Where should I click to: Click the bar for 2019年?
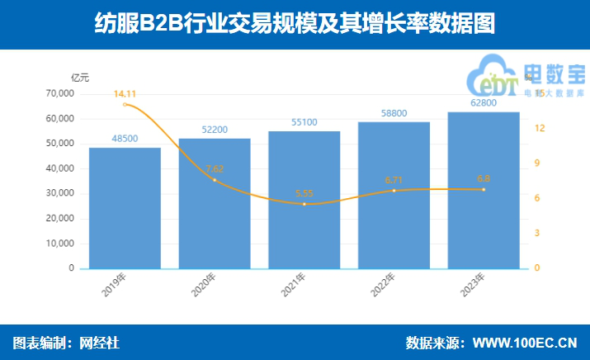[125, 208]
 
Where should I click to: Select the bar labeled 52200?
[215, 203]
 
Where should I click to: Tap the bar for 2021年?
[304, 200]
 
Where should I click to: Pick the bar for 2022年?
[394, 195]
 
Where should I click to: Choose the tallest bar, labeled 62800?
[484, 190]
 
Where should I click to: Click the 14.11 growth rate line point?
[125, 105]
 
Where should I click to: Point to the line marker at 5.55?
[304, 204]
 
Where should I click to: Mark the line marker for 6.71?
[394, 191]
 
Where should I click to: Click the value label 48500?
[125, 139]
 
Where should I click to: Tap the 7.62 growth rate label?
[215, 169]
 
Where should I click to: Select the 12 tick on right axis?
[539, 129]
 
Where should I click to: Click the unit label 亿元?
[80, 78]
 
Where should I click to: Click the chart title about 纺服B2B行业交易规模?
[295, 25]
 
